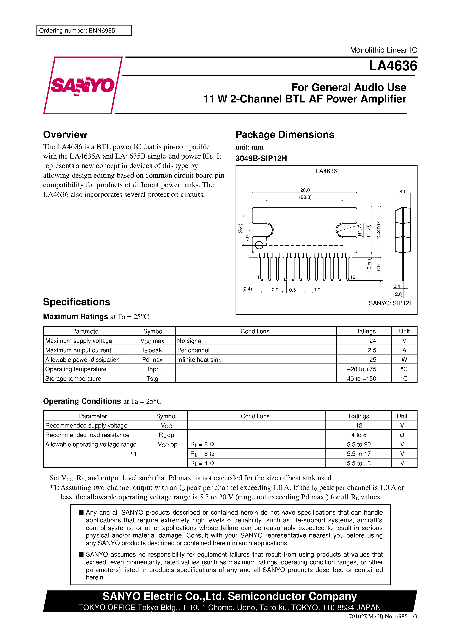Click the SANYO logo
click(x=83, y=85)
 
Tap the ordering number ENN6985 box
click(x=84, y=31)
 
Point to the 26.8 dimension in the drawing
click(x=305, y=190)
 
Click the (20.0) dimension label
click(x=305, y=197)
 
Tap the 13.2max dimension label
click(x=378, y=230)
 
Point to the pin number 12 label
click(x=353, y=277)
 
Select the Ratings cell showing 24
click(x=372, y=341)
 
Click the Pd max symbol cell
click(x=152, y=360)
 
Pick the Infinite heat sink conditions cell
click(x=199, y=360)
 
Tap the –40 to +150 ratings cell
click(x=360, y=379)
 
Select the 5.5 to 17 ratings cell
click(x=359, y=454)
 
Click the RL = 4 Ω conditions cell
click(x=202, y=463)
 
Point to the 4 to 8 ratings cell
click(x=359, y=435)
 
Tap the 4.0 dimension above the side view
click(x=403, y=192)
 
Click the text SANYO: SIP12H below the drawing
click(x=391, y=303)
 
